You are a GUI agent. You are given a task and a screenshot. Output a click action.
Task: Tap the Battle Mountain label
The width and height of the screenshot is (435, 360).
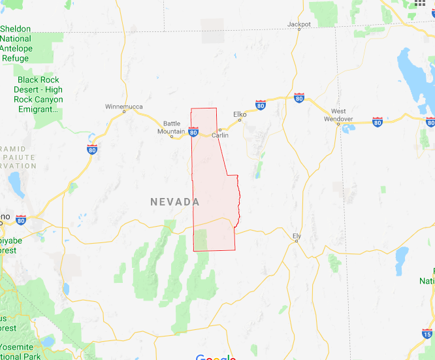pos(172,127)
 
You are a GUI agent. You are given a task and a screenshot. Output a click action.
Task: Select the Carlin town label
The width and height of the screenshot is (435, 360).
pos(220,135)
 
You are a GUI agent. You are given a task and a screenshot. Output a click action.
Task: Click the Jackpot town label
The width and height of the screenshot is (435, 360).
pos(299,24)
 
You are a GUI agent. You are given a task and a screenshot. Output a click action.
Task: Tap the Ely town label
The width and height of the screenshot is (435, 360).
pos(296,235)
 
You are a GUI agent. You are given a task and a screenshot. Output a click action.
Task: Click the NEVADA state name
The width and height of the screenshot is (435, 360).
pos(175,202)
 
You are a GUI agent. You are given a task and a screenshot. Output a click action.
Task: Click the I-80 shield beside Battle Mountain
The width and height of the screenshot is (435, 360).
pos(193,132)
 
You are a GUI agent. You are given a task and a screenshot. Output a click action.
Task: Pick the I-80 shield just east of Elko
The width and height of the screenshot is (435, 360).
pos(261,105)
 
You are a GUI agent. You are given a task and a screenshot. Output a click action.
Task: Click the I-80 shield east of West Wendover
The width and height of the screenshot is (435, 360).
pos(377,122)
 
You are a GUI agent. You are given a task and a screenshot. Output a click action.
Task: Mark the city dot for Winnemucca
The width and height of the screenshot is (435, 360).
pos(124,112)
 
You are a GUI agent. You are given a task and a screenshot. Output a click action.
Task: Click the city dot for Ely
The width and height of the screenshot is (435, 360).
pos(297,241)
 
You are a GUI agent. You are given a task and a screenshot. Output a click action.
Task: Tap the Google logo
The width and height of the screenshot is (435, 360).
pos(216,357)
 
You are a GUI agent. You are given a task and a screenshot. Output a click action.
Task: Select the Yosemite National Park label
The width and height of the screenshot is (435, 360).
pos(21,352)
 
